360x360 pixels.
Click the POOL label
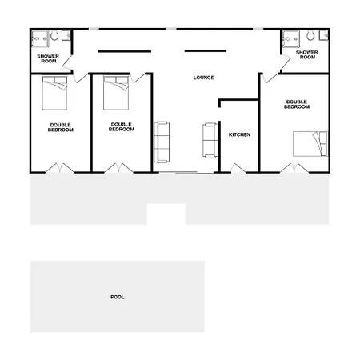click(118, 297)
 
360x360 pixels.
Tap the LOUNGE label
click(204, 78)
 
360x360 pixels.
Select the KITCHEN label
click(239, 134)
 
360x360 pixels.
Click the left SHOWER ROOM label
click(48, 58)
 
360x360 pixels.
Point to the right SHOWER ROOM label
click(307, 54)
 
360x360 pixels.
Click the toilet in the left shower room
click(54, 35)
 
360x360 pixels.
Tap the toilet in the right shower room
click(310, 35)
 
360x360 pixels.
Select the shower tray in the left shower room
click(40, 39)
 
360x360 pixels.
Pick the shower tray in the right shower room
click(291, 39)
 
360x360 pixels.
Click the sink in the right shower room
click(324, 35)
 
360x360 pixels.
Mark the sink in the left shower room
click(66, 35)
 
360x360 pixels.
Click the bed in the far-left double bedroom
click(54, 93)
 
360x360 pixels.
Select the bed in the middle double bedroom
click(116, 93)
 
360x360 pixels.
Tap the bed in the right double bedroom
click(310, 144)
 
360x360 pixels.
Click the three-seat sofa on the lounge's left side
click(162, 142)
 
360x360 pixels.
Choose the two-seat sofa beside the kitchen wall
click(210, 140)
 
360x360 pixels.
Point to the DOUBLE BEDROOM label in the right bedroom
click(297, 104)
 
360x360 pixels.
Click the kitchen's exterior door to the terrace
click(238, 169)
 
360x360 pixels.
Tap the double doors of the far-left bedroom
click(60, 168)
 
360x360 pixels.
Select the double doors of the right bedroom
click(294, 168)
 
